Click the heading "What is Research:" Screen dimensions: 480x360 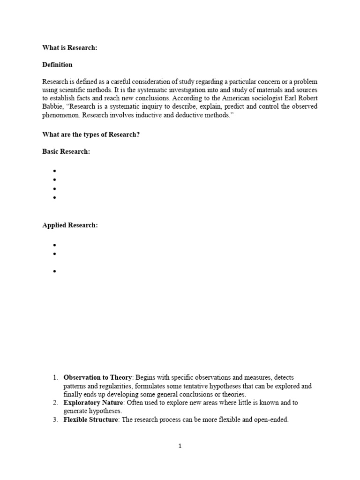(70, 48)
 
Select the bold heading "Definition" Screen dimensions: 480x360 (57, 65)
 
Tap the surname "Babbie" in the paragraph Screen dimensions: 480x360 (52, 107)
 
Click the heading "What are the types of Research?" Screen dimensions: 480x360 (91, 135)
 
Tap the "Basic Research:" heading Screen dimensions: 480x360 (66, 152)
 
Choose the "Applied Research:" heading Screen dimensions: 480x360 (70, 225)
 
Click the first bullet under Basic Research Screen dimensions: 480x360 (55, 171)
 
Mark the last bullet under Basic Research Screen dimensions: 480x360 (55, 198)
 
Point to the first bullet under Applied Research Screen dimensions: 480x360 (55, 245)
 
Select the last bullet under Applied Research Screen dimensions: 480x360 (55, 271)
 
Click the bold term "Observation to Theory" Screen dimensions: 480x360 (97, 377)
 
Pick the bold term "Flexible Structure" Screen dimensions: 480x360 (90, 420)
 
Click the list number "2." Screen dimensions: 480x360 (55, 403)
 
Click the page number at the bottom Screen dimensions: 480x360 (180, 446)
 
